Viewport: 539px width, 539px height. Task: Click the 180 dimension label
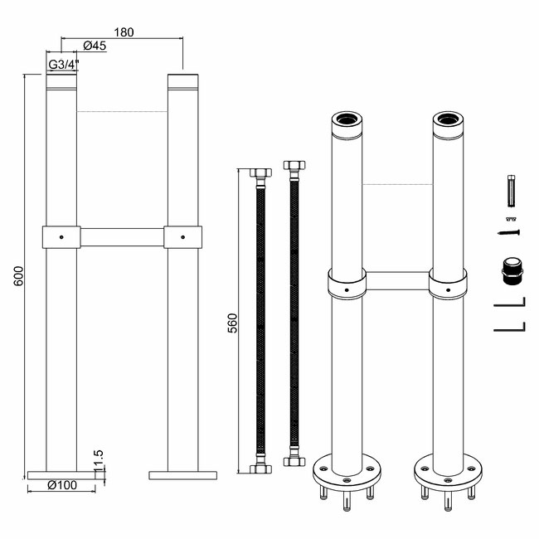click(124, 32)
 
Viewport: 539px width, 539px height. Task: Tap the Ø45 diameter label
click(95, 46)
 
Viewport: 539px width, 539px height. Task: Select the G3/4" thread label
click(64, 65)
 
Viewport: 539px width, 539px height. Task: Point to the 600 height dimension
click(18, 275)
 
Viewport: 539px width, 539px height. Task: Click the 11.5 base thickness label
click(98, 460)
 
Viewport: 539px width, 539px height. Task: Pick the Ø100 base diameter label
click(62, 485)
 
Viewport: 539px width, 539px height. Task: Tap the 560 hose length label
click(233, 323)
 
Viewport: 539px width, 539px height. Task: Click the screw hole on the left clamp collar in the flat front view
click(61, 237)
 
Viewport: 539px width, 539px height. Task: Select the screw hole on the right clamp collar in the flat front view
click(182, 237)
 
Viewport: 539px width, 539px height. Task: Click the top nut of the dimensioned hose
click(260, 172)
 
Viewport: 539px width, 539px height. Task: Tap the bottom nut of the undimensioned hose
click(294, 461)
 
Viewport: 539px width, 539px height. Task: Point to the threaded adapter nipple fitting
click(512, 271)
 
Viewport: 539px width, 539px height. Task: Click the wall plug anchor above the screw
click(512, 191)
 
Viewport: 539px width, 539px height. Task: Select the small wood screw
click(509, 232)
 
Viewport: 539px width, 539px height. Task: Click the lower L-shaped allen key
click(510, 327)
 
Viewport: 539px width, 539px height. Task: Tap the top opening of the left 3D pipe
click(347, 119)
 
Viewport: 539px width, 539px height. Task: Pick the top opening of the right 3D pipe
click(448, 119)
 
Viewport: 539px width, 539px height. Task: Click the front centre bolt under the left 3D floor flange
click(347, 501)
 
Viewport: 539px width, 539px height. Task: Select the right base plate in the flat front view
click(183, 475)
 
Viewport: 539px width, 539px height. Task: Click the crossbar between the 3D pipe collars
click(397, 281)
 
